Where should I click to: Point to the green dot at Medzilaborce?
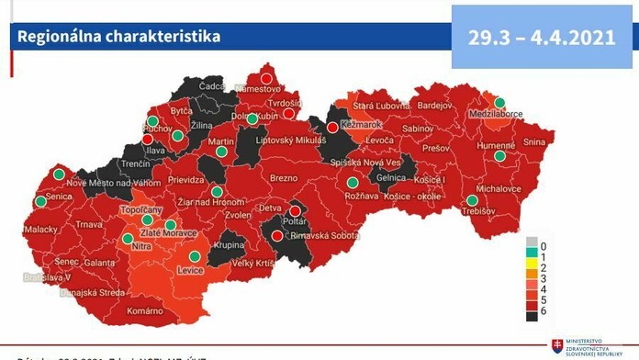click(x=500, y=103)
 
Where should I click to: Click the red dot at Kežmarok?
click(x=332, y=128)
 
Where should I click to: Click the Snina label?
click(x=533, y=142)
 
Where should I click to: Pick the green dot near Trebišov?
click(x=472, y=200)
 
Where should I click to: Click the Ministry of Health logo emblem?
click(x=556, y=346)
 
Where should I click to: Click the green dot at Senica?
click(x=39, y=201)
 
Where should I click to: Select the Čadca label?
click(x=213, y=85)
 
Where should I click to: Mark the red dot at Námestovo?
click(x=267, y=78)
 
